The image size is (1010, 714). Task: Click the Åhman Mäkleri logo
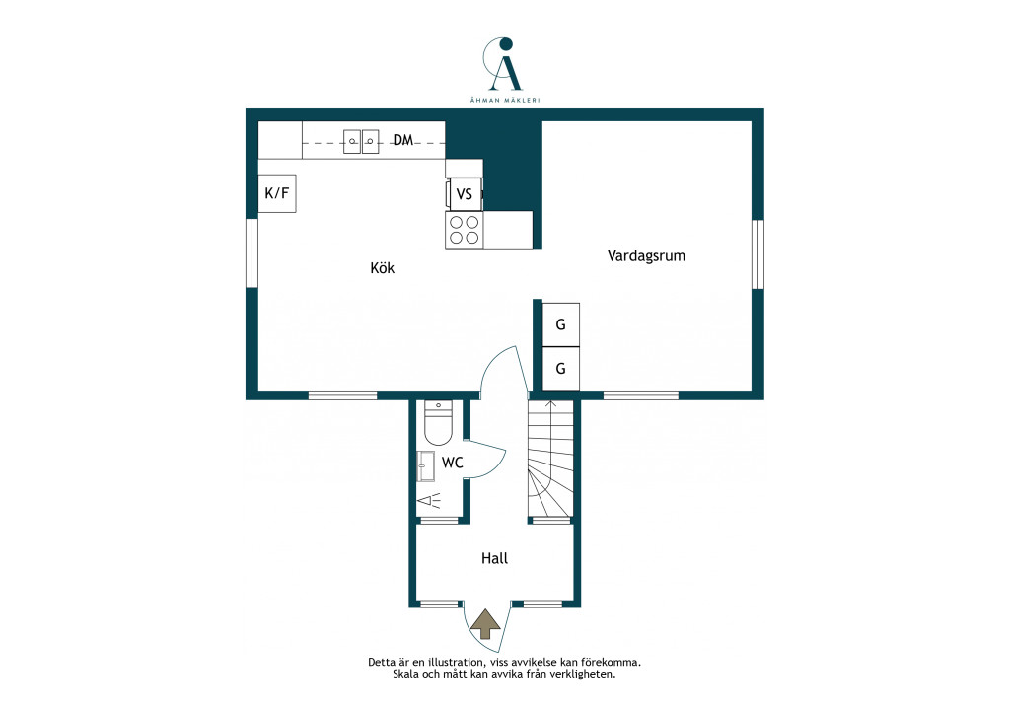505,70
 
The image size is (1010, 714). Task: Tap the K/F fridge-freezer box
277,193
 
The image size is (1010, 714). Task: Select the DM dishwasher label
403,140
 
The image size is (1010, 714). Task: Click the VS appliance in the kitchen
464,194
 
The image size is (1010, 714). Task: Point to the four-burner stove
465,230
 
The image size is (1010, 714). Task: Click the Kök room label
382,268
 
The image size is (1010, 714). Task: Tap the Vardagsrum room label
646,256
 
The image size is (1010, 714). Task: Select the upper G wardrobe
560,325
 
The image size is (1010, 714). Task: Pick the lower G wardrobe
560,368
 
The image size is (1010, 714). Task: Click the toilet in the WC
438,423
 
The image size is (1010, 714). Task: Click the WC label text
452,463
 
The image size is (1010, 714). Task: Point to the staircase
550,459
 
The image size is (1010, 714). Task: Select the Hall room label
495,558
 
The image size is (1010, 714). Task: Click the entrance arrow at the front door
485,624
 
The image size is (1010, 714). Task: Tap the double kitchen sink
361,141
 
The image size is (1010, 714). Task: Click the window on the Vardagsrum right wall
758,254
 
